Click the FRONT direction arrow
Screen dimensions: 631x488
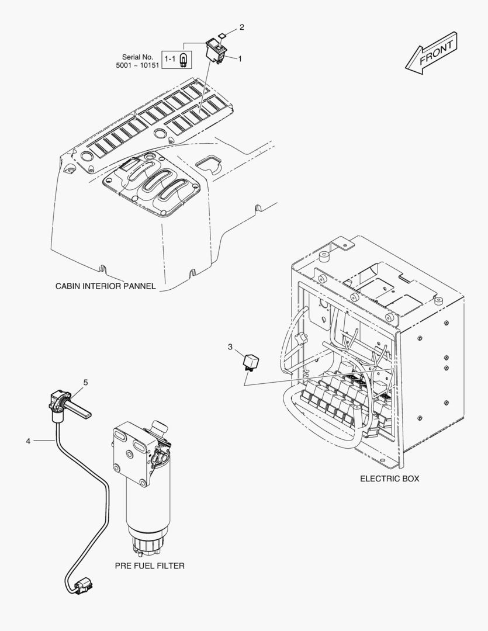(x=431, y=54)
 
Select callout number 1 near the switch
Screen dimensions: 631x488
(x=240, y=59)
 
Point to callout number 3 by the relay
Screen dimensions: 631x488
(x=230, y=347)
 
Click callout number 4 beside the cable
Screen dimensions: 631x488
(x=27, y=441)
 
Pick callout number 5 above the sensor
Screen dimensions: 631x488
(x=85, y=383)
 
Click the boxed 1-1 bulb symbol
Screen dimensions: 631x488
(x=176, y=58)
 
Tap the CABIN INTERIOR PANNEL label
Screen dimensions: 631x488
(x=105, y=286)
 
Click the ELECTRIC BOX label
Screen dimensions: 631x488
(x=389, y=479)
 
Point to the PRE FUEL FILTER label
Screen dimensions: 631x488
(x=150, y=566)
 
